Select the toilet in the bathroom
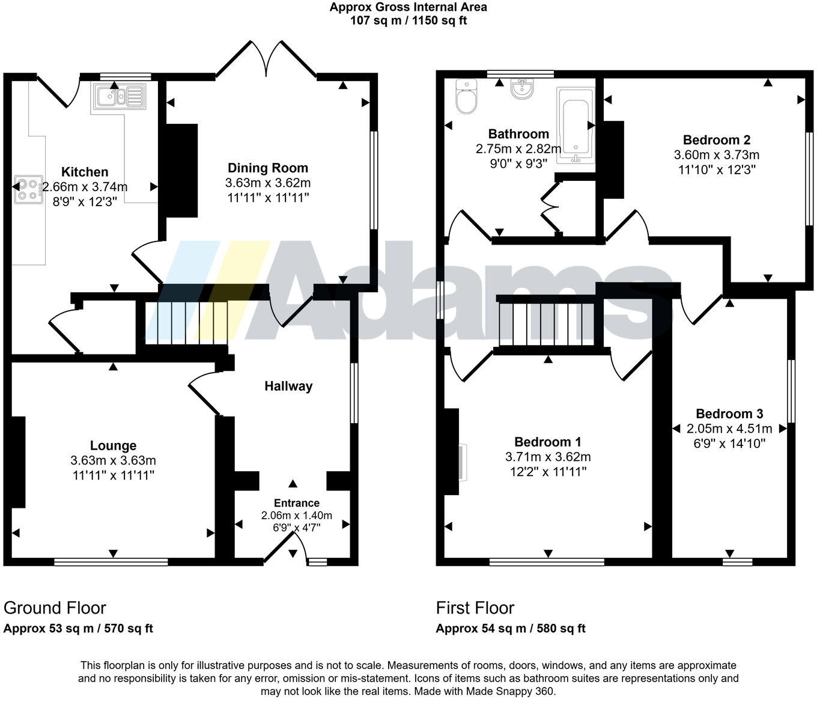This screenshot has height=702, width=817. pyautogui.click(x=466, y=96)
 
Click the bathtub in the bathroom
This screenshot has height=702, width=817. pyautogui.click(x=576, y=126)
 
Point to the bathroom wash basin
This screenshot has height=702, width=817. pyautogui.click(x=521, y=89)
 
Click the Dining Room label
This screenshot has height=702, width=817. pyautogui.click(x=267, y=168)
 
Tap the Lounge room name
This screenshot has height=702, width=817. pyautogui.click(x=113, y=445)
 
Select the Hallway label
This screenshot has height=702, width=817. pyautogui.click(x=288, y=386)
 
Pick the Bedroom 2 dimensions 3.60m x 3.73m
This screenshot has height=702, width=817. pyautogui.click(x=717, y=155)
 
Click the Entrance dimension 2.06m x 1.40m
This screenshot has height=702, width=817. pyautogui.click(x=296, y=515)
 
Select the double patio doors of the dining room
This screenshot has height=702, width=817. pyautogui.click(x=266, y=60)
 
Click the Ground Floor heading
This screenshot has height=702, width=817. pyautogui.click(x=55, y=608)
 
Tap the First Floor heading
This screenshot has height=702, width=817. pyautogui.click(x=475, y=608)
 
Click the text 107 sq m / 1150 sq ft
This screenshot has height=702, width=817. pyautogui.click(x=408, y=20)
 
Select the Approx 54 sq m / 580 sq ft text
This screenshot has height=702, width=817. pyautogui.click(x=511, y=629)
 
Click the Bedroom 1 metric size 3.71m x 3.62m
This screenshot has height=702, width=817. pyautogui.click(x=548, y=457)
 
